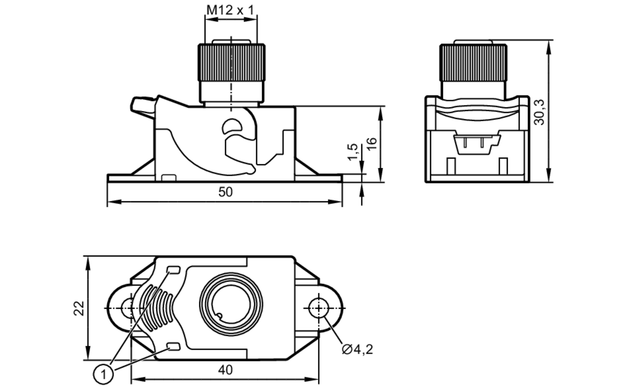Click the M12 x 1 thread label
tap(230, 10)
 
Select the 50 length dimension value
tap(225, 192)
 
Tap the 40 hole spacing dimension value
tap(225, 370)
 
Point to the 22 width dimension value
tap(79, 308)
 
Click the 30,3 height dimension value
tap(539, 112)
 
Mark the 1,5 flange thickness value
tap(352, 152)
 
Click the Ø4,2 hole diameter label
tap(357, 349)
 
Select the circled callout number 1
tap(103, 374)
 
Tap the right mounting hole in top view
tap(318, 308)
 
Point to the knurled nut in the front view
tap(232, 63)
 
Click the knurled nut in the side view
tap(473, 63)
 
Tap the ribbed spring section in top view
tap(156, 308)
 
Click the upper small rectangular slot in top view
tap(174, 270)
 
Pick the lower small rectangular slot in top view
tap(174, 346)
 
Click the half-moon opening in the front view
tap(232, 126)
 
